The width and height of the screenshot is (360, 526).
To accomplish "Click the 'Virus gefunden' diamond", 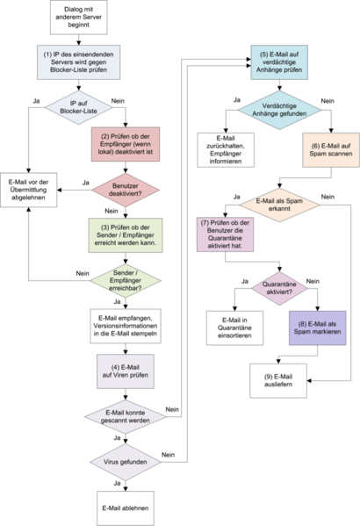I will click(x=126, y=461).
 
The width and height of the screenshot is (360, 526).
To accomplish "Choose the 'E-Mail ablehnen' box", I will click(x=126, y=507).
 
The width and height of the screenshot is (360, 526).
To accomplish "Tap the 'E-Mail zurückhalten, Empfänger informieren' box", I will click(x=226, y=149).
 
